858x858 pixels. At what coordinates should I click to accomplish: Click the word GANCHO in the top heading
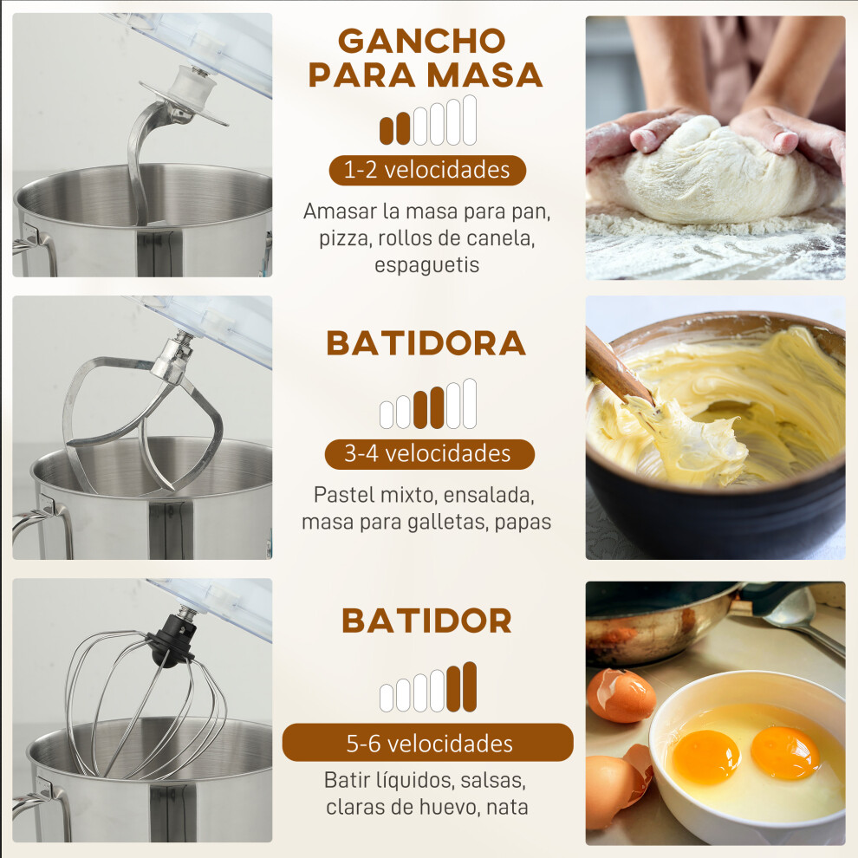coord(421,41)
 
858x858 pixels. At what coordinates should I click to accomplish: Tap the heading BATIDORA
coord(426,344)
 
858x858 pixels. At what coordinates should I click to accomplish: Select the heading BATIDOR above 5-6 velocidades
coord(426,621)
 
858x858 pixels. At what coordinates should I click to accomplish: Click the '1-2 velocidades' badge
coord(427,170)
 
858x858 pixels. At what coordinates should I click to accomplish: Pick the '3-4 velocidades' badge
coord(429,454)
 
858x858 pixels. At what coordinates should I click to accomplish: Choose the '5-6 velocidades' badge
coord(428,743)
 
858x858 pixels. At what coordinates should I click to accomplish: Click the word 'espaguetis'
coord(426,265)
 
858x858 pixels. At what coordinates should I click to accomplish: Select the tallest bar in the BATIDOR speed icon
coord(470,686)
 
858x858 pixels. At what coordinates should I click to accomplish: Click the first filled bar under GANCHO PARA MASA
coord(387,131)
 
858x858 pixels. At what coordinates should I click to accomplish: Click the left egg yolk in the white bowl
coord(705,757)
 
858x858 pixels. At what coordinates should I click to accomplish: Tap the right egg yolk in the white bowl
coord(784,753)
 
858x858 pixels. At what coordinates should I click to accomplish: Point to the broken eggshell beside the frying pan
coord(621,695)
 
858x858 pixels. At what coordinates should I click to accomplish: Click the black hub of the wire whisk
coord(171,640)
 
